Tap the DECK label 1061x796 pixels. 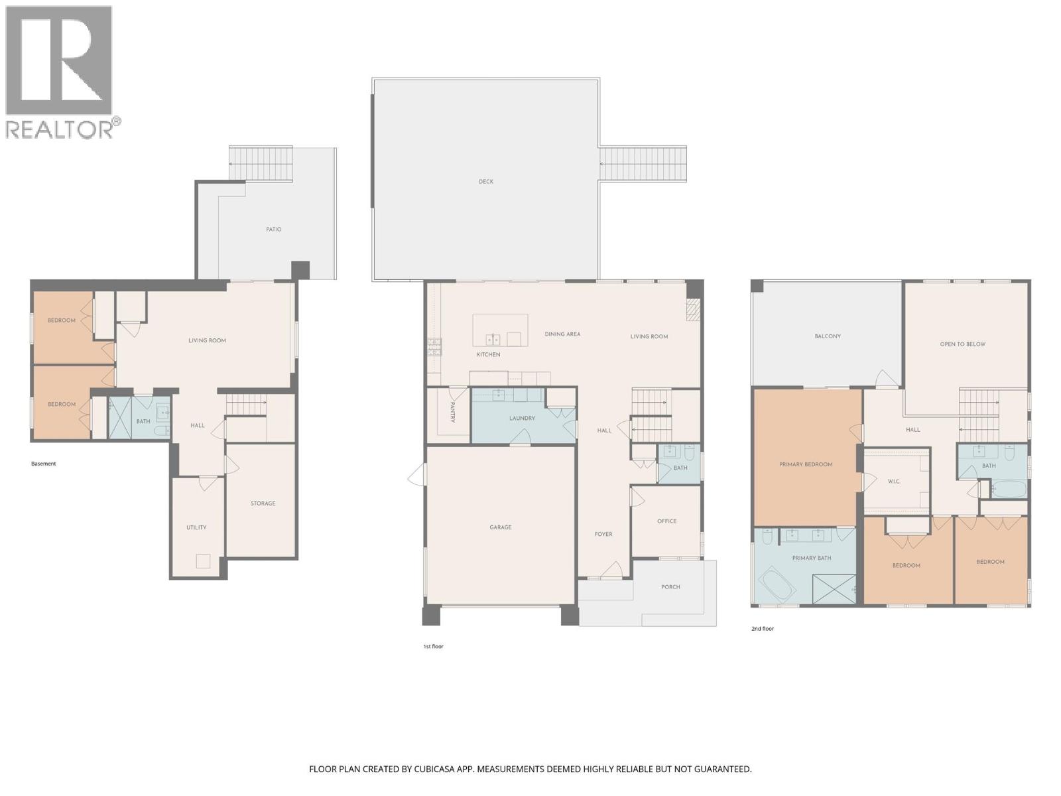coord(486,181)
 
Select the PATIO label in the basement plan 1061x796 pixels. coord(274,230)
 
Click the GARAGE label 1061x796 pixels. coord(501,527)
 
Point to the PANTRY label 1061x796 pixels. coord(452,413)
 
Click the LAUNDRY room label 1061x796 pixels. coord(522,419)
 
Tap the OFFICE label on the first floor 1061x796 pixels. coord(666,521)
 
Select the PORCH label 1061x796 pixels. coord(670,587)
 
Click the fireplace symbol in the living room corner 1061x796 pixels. coord(693,309)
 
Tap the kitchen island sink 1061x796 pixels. coord(493,340)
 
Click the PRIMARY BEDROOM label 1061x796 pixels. coord(806,464)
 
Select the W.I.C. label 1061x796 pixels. coord(893,482)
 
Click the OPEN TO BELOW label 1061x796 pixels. coord(962,344)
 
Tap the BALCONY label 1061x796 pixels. coord(828,336)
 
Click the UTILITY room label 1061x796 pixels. coord(196,528)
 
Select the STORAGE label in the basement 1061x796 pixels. coord(263,503)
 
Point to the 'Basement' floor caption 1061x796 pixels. coord(44,464)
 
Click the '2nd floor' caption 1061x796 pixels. coord(763,629)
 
